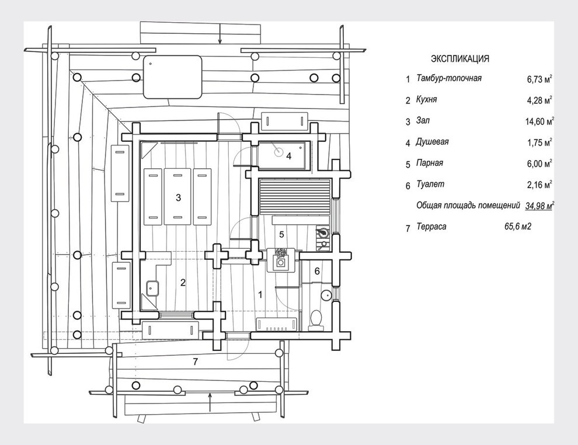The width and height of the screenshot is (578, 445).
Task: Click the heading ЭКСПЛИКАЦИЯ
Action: [460, 58]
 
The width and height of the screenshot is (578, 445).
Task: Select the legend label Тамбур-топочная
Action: [448, 78]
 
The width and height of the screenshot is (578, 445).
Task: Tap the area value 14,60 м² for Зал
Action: [539, 121]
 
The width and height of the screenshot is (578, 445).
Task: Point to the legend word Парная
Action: [430, 163]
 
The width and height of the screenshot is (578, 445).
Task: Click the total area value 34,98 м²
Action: [539, 206]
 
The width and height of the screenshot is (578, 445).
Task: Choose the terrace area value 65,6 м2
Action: [518, 227]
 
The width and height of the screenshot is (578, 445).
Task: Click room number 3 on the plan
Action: [179, 197]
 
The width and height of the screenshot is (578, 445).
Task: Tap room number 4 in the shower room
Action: [288, 156]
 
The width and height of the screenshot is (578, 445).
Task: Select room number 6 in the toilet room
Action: [317, 272]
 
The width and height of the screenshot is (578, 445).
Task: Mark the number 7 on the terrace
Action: [196, 361]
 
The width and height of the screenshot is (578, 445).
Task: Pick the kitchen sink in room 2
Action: [152, 288]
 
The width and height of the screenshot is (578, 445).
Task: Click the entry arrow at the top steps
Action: [220, 33]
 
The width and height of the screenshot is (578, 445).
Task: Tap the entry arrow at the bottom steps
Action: [210, 402]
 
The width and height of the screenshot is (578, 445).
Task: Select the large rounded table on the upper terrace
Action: [172, 77]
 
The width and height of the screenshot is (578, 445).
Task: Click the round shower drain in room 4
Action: [278, 152]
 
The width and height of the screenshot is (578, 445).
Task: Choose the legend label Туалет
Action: [430, 185]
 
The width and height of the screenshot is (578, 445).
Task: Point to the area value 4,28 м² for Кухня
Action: [539, 100]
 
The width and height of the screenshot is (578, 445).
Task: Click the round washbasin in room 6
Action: [326, 295]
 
